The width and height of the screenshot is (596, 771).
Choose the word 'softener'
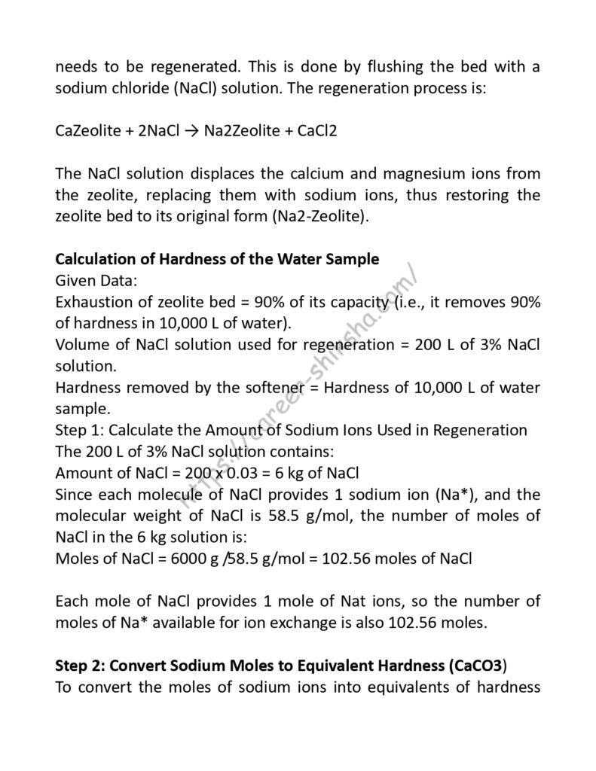tap(237, 388)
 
